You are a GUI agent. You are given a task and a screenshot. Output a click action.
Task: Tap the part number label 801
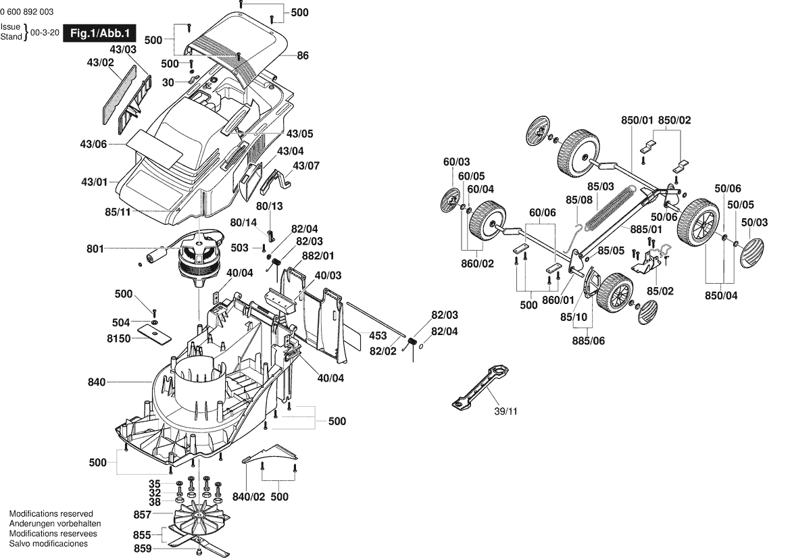click(96, 249)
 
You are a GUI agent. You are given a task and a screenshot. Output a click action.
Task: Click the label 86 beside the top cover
click(303, 55)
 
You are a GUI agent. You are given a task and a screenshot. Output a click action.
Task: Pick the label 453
click(378, 336)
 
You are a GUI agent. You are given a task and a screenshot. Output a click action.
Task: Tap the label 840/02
click(249, 497)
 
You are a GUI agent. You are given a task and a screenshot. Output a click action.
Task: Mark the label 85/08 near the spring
click(579, 200)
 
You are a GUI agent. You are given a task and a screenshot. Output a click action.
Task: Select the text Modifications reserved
click(51, 514)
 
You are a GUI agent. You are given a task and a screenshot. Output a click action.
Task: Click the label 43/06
click(93, 144)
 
